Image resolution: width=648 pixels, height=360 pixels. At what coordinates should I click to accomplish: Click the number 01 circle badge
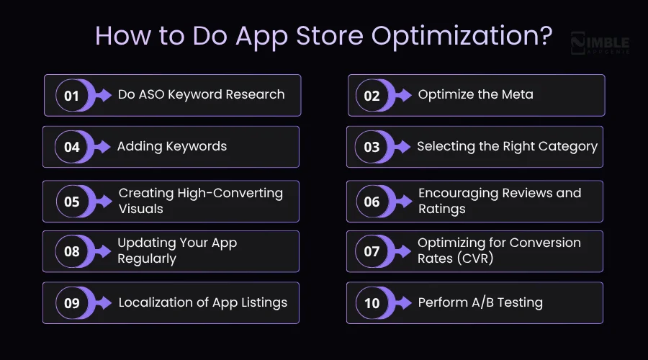[71, 95]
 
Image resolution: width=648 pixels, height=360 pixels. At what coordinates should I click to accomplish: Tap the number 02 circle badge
[372, 95]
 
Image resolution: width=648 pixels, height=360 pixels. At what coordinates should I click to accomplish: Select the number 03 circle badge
[372, 147]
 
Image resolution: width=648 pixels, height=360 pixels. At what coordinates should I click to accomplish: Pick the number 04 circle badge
[71, 147]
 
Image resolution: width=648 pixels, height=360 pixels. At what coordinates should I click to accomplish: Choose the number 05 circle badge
[71, 202]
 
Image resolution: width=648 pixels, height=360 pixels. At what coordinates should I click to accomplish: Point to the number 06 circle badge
[372, 202]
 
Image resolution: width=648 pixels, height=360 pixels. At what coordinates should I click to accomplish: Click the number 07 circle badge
[372, 251]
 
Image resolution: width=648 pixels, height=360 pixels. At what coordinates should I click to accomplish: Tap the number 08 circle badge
[71, 251]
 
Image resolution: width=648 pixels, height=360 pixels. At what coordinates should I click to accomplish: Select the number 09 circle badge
[71, 303]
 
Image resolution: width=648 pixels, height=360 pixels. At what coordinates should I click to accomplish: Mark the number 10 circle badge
[372, 303]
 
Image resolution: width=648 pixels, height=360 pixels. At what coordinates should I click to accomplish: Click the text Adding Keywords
[172, 146]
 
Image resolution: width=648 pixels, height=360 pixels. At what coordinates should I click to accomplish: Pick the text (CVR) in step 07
[474, 258]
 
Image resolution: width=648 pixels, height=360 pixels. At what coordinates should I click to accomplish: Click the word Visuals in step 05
[141, 209]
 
